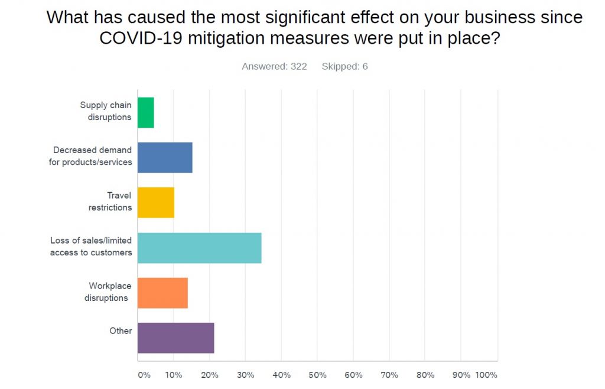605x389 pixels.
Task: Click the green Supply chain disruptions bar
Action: point(146,112)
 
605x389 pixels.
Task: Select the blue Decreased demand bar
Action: point(165,157)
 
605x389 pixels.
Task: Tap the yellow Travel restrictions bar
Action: point(156,202)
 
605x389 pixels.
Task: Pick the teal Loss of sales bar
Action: point(199,248)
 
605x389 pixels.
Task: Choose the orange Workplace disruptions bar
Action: point(162,293)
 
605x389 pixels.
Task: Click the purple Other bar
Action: point(175,338)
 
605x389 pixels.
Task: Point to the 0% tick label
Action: point(144,375)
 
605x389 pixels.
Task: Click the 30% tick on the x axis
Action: point(246,375)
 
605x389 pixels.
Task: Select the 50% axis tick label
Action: point(317,375)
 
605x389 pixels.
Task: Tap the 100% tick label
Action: point(486,375)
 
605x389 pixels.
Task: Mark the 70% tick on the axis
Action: point(389,375)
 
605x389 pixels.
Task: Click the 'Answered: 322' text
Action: point(274,66)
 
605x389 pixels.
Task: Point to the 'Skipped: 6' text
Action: point(344,66)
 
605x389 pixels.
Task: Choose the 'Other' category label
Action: point(121,330)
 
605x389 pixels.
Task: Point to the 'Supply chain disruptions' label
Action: point(106,111)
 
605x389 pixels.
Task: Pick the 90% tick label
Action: point(461,375)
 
